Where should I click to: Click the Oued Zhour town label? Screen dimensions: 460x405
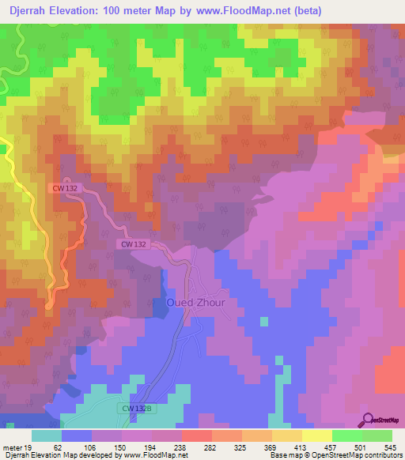[195, 303]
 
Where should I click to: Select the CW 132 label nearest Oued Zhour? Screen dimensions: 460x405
[134, 245]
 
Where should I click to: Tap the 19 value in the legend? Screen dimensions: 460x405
[27, 447]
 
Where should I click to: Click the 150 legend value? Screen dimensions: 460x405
[119, 447]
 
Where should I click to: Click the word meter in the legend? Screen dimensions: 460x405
[11, 447]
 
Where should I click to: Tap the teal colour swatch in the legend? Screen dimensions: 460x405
[47, 435]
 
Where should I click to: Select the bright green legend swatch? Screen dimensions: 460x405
[346, 435]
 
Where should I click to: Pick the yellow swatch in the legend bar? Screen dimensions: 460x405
[316, 435]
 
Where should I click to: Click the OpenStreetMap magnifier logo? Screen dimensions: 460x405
[369, 420]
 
